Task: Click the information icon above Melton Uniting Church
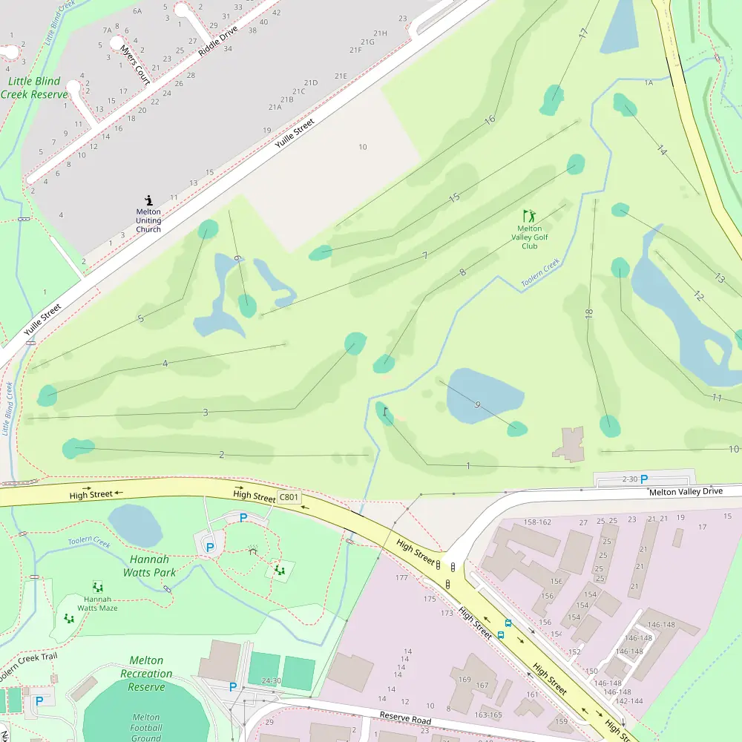point(148,200)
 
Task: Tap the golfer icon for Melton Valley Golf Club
point(529,216)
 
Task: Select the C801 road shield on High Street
point(288,496)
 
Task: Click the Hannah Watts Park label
point(149,566)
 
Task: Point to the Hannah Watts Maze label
point(97,603)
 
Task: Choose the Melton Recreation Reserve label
point(146,674)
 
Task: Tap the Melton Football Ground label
point(146,727)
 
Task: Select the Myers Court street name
point(134,64)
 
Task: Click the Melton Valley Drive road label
point(685,492)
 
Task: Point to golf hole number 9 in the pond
point(477,404)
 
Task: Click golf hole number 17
point(583,33)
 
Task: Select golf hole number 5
point(140,319)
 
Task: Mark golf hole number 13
point(719,278)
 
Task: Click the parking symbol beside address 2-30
point(644,479)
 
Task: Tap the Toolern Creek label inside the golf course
point(540,273)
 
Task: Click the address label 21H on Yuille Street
point(380,33)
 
